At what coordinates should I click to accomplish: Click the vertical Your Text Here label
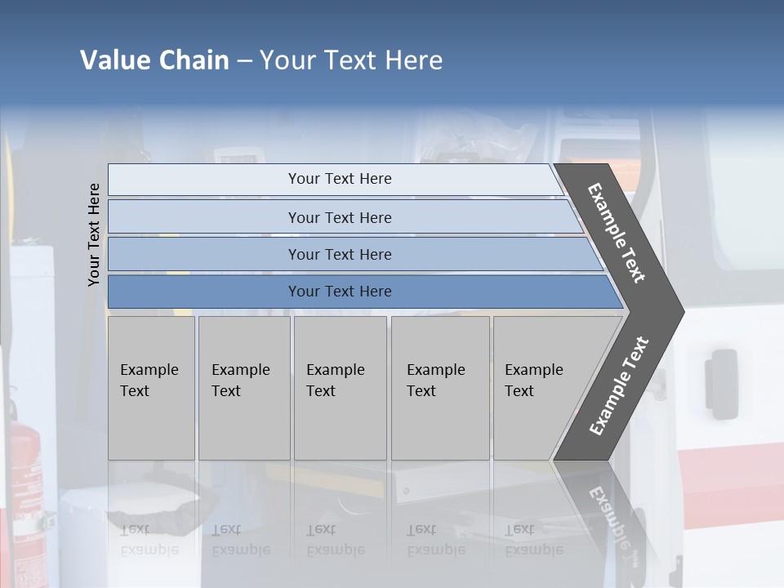pos(94,234)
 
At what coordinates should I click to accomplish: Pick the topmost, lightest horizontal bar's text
pos(340,179)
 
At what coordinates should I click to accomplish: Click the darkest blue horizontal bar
pos(340,292)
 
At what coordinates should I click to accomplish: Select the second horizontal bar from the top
pos(340,217)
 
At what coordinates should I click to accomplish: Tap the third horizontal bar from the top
pos(340,254)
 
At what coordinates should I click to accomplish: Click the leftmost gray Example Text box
pos(151,388)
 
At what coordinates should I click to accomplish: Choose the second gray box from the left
pos(244,388)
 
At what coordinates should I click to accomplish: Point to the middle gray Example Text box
pos(340,388)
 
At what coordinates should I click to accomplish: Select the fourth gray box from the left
pos(440,388)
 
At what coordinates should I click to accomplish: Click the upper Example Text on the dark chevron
pos(617,233)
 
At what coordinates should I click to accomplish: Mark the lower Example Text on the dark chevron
pos(619,386)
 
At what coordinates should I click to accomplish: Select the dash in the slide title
pos(244,61)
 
